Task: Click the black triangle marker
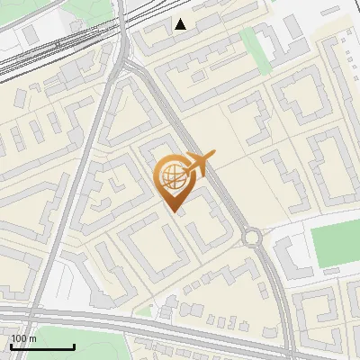[181, 24]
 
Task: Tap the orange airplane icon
[198, 164]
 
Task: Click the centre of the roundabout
[252, 238]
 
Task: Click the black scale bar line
[41, 347]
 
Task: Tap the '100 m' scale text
[23, 338]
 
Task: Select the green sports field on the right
[335, 246]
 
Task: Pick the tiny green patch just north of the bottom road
[144, 311]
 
